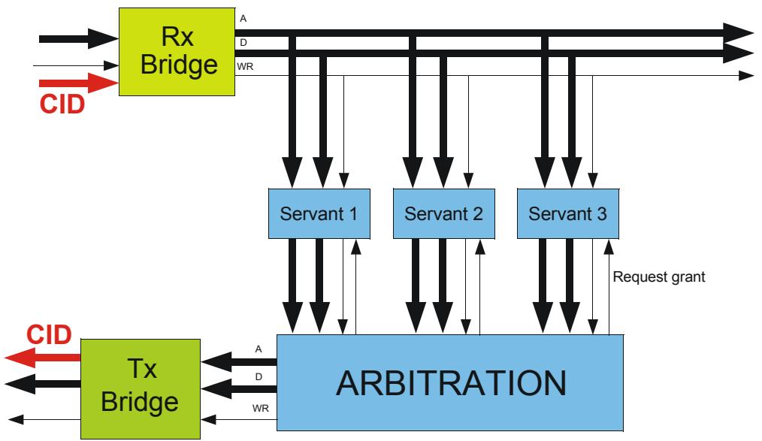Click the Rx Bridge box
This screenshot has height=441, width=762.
(x=177, y=52)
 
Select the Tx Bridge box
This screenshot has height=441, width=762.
(x=141, y=389)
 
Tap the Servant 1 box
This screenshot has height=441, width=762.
(x=319, y=213)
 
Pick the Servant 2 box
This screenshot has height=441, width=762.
(x=443, y=213)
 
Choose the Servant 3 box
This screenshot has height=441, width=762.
(x=568, y=213)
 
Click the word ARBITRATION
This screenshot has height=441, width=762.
(x=451, y=383)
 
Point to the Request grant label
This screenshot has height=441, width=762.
(x=658, y=276)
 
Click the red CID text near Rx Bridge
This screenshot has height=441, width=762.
(x=62, y=104)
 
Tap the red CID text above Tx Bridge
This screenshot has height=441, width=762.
(x=49, y=335)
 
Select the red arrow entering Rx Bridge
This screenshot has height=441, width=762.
(x=79, y=83)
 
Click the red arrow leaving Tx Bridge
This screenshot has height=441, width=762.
(x=42, y=358)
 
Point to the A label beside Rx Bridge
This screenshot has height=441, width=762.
(x=243, y=19)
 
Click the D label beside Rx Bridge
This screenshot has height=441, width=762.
(x=243, y=43)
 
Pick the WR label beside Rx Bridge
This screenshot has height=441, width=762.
(x=245, y=67)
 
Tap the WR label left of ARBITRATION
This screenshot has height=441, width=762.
(x=261, y=409)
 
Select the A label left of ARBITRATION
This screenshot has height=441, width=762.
(x=259, y=349)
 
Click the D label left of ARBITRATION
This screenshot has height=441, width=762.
(x=259, y=377)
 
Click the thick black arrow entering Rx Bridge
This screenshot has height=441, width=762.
(x=79, y=39)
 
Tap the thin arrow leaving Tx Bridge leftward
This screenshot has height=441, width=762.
(x=44, y=420)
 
